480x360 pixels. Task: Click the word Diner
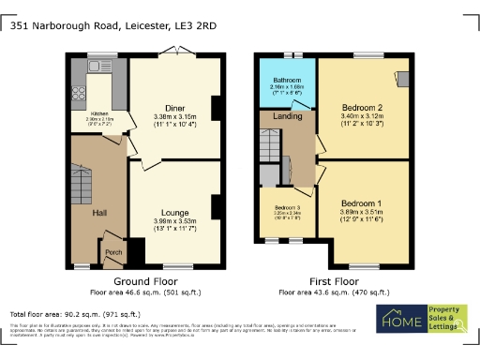click(x=173, y=108)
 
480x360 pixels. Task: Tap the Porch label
click(x=113, y=251)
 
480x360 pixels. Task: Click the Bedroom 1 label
click(x=361, y=203)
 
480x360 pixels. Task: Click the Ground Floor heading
click(x=145, y=281)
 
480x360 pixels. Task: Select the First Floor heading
click(x=333, y=281)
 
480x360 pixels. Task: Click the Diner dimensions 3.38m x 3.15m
click(x=173, y=116)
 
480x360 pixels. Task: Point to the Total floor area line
click(x=75, y=314)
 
